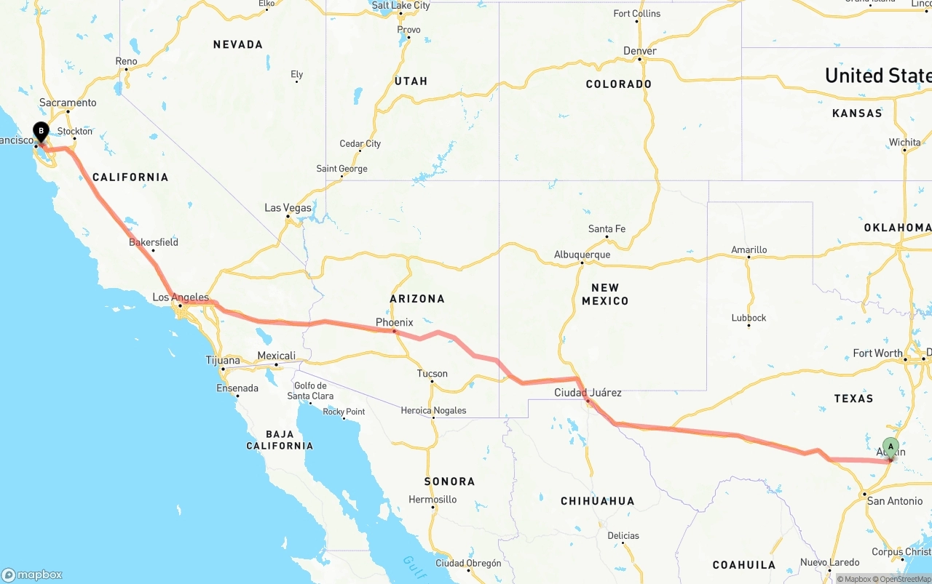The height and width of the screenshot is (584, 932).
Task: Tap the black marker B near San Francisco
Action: (x=41, y=132)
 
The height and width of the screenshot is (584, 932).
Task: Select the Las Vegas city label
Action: (x=288, y=208)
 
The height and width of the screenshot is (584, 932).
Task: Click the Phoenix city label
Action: (x=394, y=322)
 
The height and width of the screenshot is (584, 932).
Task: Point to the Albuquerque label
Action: (x=582, y=255)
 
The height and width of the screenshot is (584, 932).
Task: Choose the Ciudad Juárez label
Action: (x=588, y=393)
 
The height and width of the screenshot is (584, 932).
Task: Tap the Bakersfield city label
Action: (x=153, y=242)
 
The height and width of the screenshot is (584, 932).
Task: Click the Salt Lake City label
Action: (x=400, y=6)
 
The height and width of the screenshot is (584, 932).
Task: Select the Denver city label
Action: (x=640, y=51)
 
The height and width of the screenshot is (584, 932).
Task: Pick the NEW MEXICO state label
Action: (x=605, y=295)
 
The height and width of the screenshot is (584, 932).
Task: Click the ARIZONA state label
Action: (x=417, y=298)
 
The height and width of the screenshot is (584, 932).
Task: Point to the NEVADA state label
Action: (x=237, y=44)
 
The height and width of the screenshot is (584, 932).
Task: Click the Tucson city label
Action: (x=432, y=374)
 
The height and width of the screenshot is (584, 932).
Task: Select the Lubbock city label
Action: (x=749, y=318)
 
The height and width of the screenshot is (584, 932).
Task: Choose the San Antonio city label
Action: (x=894, y=501)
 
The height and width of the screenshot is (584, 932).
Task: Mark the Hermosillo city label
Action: (x=433, y=500)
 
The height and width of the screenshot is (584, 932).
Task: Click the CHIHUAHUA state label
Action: (x=597, y=501)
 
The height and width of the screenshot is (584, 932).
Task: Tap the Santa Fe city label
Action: (x=607, y=229)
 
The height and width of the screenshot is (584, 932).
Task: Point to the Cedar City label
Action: (x=360, y=144)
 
